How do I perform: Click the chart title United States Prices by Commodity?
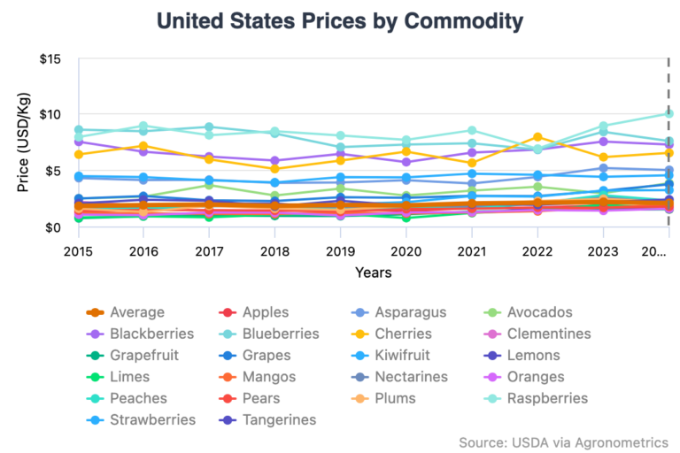(x=339, y=20)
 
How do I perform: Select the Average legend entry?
(x=137, y=312)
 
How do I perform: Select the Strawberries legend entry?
(x=153, y=419)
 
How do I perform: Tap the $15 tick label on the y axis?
(x=50, y=59)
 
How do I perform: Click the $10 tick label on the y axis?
(x=50, y=115)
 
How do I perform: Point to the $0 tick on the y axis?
(x=53, y=228)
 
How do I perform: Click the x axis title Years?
(x=374, y=273)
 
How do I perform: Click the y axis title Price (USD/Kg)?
(x=23, y=144)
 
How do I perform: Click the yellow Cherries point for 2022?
(x=537, y=137)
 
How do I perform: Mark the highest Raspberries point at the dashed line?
(x=668, y=113)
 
